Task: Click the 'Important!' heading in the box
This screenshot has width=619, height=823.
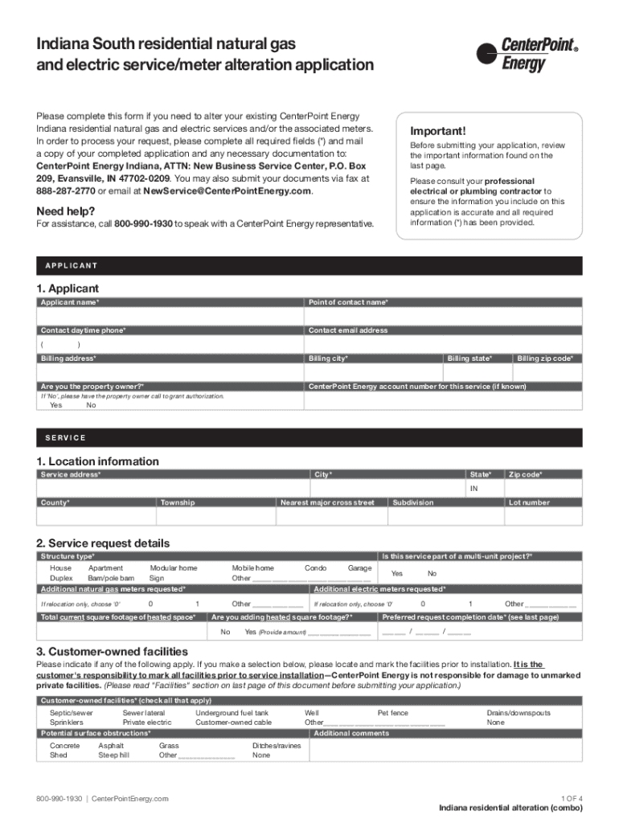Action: point(437,131)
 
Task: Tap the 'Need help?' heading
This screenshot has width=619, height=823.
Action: point(66,211)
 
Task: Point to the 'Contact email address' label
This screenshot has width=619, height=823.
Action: point(348,330)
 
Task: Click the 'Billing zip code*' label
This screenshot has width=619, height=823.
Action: point(545,358)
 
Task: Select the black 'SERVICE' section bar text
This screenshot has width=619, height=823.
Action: point(62,438)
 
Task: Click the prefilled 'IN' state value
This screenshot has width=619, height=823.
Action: point(474,489)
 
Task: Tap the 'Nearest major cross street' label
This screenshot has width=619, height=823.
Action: point(326,502)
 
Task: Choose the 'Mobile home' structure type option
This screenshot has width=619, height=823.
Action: point(252,567)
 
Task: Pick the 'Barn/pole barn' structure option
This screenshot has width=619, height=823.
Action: point(112,578)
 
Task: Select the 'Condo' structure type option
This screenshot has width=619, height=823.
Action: point(315,567)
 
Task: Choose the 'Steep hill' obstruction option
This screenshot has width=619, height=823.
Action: point(113,755)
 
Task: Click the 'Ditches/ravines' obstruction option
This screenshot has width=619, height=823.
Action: point(277,746)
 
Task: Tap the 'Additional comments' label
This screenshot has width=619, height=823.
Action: point(351,733)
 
